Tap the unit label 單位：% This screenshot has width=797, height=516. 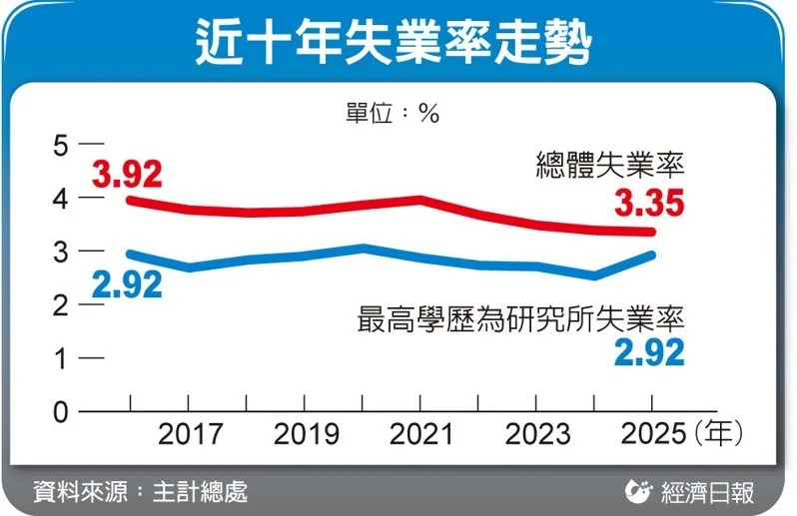(x=393, y=113)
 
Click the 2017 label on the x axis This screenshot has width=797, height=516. (x=191, y=435)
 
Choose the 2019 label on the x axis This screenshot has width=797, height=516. (x=306, y=435)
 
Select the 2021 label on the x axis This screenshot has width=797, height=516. (x=420, y=435)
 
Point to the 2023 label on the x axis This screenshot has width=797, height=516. (x=536, y=435)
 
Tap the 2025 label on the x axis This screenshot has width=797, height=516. (x=651, y=435)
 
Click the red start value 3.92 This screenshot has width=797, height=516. (x=127, y=176)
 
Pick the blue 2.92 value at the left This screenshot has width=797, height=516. (x=127, y=284)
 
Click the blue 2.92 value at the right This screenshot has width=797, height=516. (x=649, y=352)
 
